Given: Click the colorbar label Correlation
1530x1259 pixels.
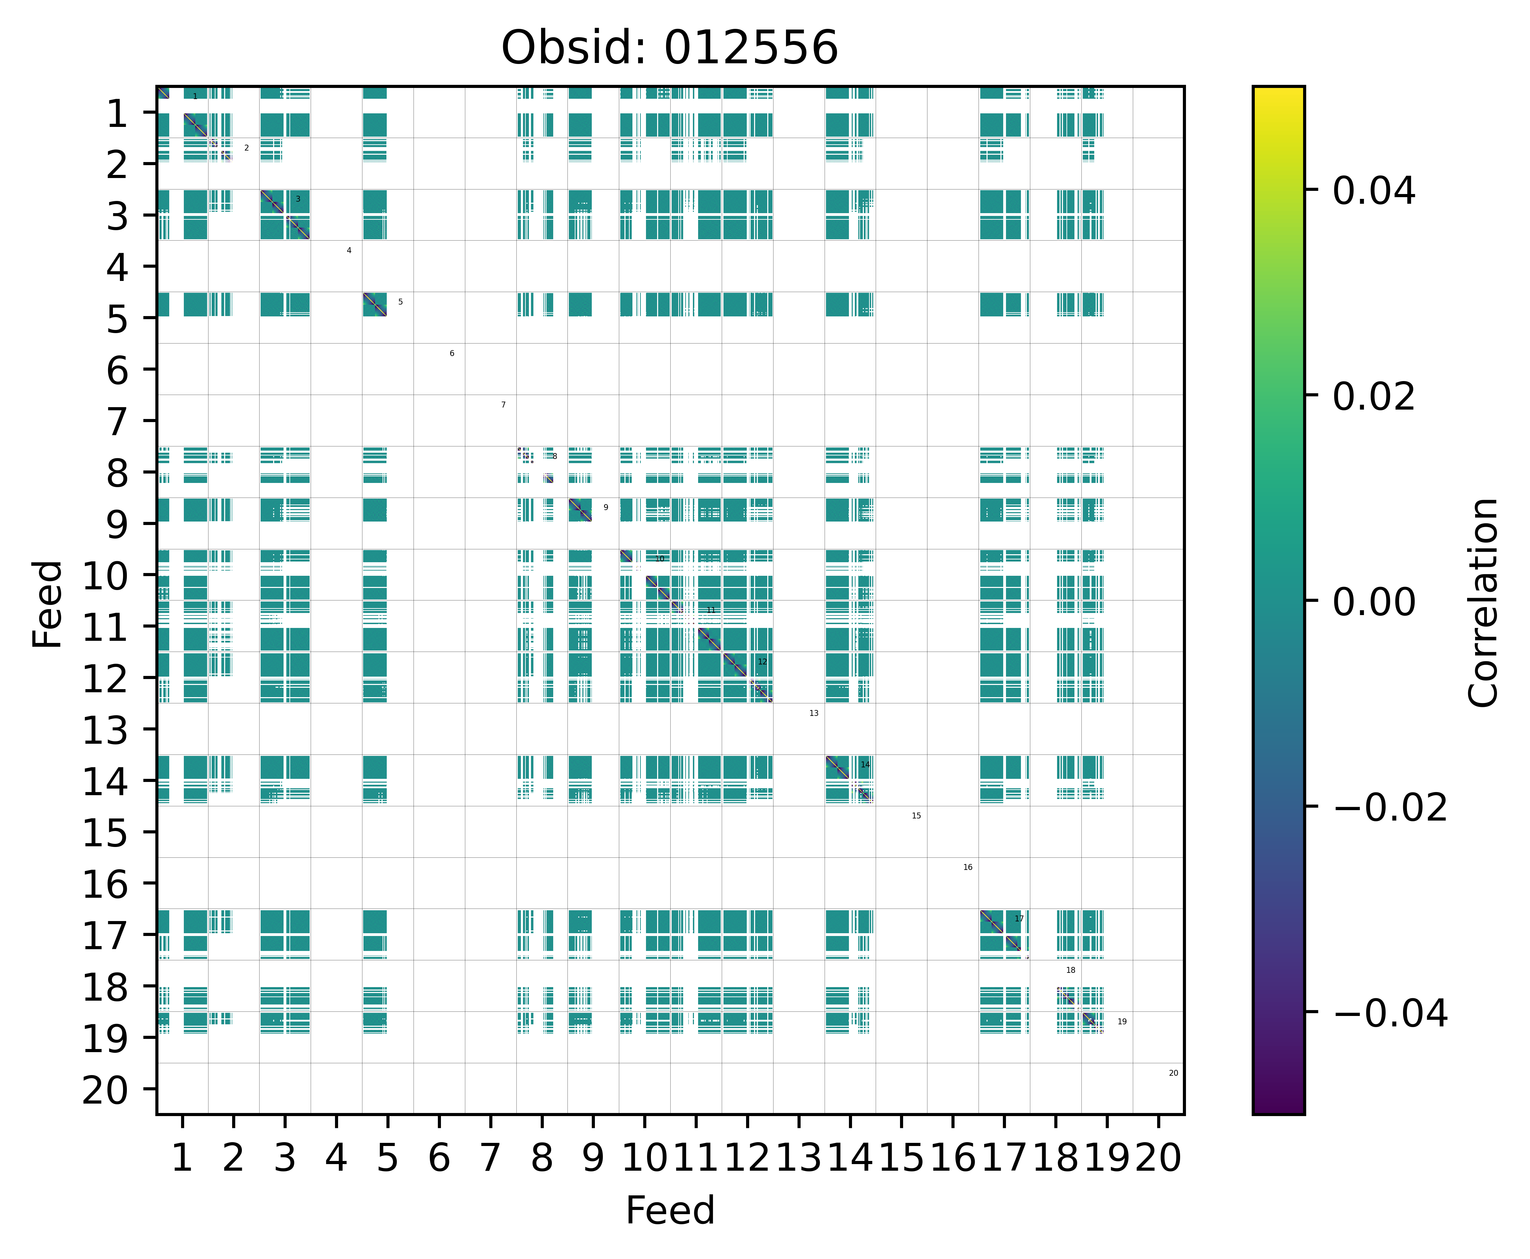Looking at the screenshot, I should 1483,602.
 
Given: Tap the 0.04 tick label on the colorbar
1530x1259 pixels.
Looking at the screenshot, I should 1373,192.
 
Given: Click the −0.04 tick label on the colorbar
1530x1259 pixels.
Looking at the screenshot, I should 1389,1013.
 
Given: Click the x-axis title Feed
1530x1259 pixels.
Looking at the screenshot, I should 670,1210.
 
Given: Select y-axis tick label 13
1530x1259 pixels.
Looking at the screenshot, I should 106,730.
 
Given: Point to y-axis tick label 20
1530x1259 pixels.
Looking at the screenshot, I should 106,1090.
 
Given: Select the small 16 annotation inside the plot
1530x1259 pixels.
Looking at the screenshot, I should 967,867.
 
